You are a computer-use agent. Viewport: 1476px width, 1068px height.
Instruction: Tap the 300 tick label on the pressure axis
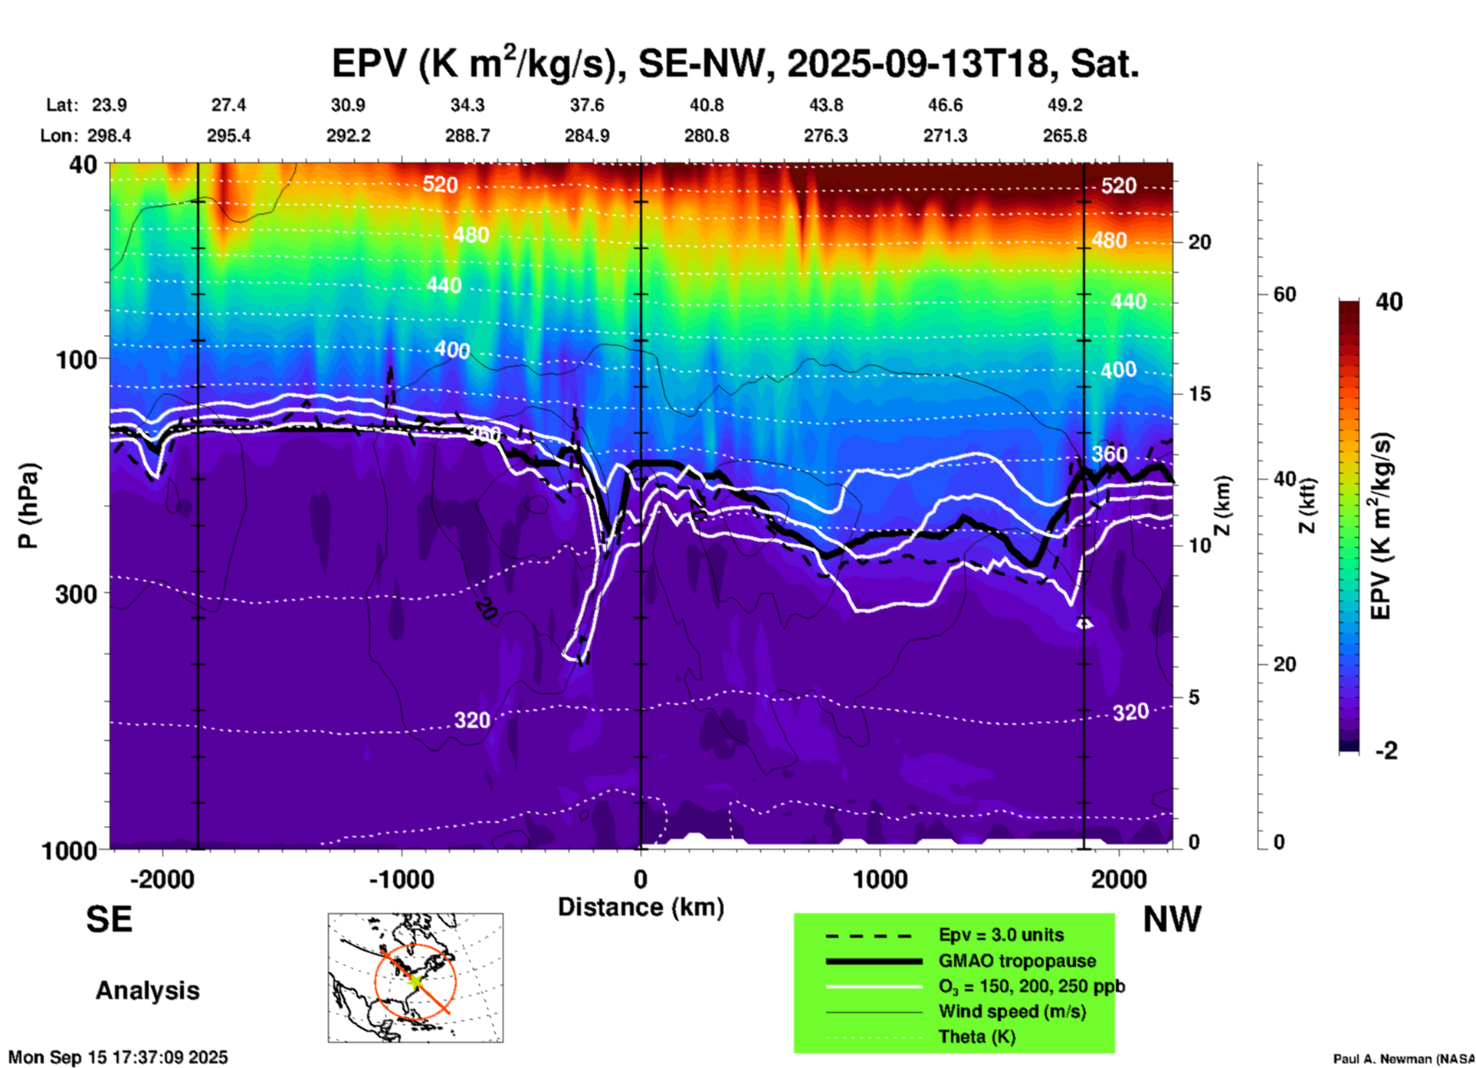click(x=77, y=594)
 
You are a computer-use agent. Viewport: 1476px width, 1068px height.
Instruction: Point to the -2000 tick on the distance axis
click(x=162, y=879)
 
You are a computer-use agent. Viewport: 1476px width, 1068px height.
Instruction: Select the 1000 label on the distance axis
click(x=880, y=879)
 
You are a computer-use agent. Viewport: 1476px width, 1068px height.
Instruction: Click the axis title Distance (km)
click(x=641, y=907)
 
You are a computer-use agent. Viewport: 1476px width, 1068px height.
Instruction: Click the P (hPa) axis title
click(x=28, y=506)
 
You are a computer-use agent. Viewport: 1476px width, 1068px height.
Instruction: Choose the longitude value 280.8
click(x=707, y=136)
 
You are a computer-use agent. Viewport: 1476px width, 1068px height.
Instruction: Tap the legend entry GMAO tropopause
click(x=1017, y=961)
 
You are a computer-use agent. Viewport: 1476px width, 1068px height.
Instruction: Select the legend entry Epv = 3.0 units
click(x=1001, y=935)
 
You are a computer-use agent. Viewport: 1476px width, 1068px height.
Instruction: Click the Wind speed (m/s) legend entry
click(x=1012, y=1012)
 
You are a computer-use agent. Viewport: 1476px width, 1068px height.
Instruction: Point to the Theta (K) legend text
click(x=977, y=1037)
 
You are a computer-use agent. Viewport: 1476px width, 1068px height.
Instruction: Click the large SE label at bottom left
click(x=110, y=919)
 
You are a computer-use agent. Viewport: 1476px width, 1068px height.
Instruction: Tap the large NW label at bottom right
click(x=1172, y=919)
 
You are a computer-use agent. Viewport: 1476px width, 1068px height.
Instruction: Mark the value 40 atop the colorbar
click(x=1389, y=302)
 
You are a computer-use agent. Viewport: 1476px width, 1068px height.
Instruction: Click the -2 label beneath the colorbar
click(x=1387, y=751)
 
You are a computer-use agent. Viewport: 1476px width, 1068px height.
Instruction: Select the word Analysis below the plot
click(x=147, y=991)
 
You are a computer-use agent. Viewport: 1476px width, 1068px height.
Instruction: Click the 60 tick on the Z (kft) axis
click(x=1284, y=294)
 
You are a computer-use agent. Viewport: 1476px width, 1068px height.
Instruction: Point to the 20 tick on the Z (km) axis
click(x=1199, y=242)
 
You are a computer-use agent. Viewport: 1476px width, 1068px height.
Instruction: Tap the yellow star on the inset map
click(x=415, y=981)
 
